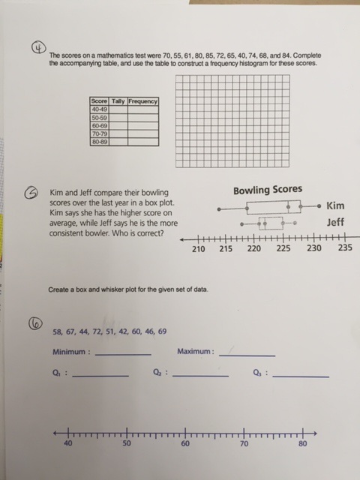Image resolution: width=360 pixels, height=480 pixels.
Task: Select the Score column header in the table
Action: (98, 101)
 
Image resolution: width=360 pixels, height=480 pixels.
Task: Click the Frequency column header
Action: (142, 101)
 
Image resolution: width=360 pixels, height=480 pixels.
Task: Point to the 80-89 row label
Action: (98, 141)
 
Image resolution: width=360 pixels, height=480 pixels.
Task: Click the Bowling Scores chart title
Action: (267, 190)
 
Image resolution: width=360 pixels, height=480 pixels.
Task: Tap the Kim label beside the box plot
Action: (336, 205)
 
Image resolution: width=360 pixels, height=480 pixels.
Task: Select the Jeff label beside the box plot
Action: (336, 222)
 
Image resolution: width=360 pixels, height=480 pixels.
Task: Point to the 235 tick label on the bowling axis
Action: (345, 249)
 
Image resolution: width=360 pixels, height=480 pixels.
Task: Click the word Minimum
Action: (71, 351)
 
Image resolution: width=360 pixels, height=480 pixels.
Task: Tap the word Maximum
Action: (196, 351)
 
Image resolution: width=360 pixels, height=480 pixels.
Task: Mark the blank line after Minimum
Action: (123, 354)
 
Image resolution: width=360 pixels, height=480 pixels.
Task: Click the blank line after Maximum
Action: (247, 354)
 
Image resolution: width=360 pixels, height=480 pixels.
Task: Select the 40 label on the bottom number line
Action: (68, 444)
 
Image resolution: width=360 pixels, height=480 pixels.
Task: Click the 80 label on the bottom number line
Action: (303, 444)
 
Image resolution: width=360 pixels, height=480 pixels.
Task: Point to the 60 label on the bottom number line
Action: (185, 444)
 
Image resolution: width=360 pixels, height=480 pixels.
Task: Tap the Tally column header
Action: (118, 101)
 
